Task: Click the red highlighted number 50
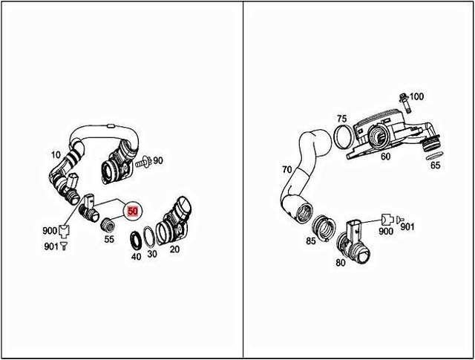(133, 211)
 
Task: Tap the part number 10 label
(55, 156)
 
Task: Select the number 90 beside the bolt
(158, 161)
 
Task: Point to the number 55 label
(109, 239)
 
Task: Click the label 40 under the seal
(135, 257)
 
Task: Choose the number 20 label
(174, 250)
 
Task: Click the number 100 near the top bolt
(416, 96)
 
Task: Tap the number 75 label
(341, 119)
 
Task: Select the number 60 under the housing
(386, 157)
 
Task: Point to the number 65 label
(435, 165)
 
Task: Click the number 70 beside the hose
(286, 170)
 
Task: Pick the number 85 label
(312, 241)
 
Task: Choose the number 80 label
(341, 261)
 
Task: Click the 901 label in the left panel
(50, 246)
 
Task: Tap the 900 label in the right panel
(384, 232)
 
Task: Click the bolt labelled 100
(404, 97)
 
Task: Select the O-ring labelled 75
(344, 137)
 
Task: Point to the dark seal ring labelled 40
(137, 240)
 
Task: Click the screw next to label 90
(144, 161)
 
